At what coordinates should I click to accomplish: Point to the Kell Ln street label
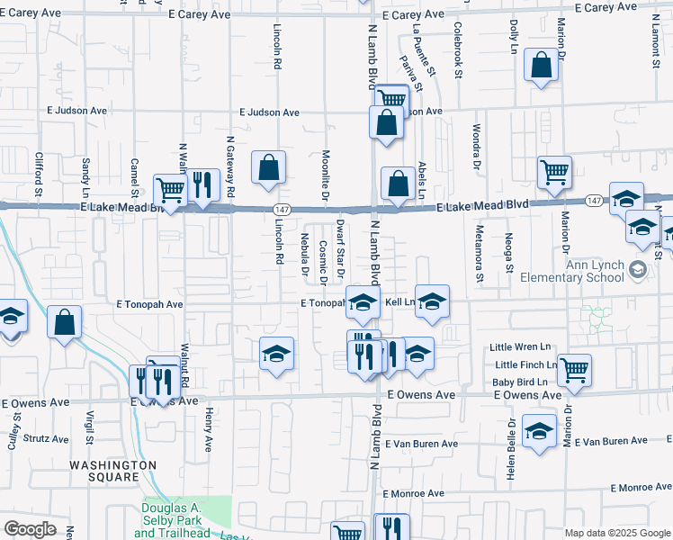(400, 303)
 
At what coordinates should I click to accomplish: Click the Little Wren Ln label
(519, 347)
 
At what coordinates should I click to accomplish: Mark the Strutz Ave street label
(45, 439)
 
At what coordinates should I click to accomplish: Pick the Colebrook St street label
(458, 49)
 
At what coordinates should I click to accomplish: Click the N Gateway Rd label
(230, 167)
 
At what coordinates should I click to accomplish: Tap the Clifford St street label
(39, 173)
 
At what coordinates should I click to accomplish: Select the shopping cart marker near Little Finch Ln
(574, 369)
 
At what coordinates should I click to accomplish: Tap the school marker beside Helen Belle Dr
(539, 433)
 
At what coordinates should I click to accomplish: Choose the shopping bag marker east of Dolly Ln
(541, 65)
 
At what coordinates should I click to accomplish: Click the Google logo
(30, 529)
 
